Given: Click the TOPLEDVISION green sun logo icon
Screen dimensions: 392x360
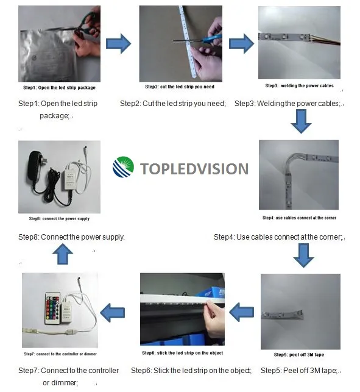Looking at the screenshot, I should pos(122,168).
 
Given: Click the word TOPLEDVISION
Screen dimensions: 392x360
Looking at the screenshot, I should pos(194,169).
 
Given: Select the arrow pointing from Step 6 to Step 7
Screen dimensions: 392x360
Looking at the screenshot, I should pos(114,313).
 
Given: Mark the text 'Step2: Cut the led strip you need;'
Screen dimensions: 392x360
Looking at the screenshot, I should pos(172,104).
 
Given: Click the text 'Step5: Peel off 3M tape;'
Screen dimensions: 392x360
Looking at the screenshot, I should pos(300,370).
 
